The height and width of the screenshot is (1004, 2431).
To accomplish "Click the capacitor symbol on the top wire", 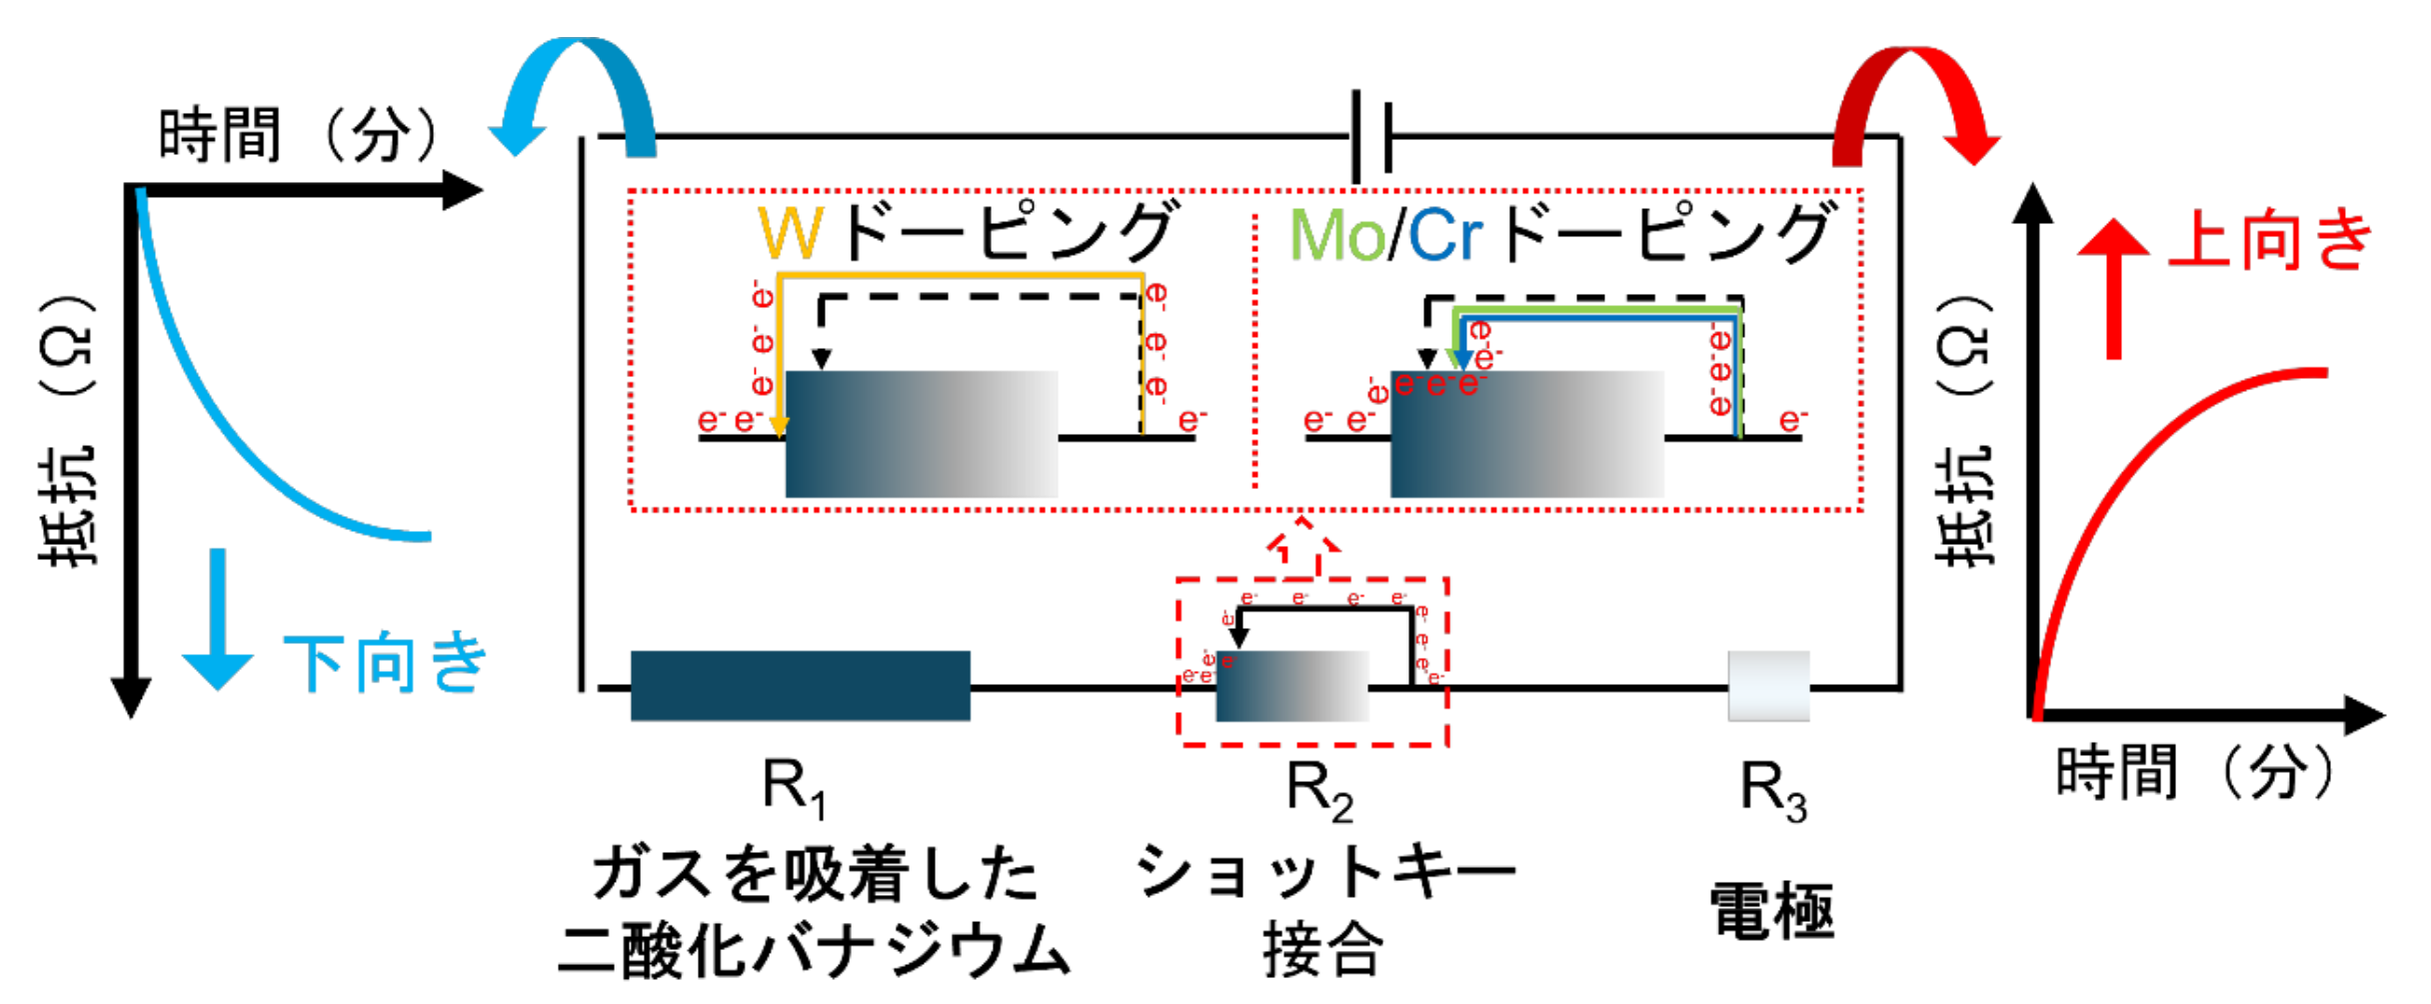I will click(1370, 137).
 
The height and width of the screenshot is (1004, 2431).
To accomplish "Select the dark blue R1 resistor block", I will click(800, 686).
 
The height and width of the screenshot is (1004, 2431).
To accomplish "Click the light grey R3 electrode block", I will click(1768, 686).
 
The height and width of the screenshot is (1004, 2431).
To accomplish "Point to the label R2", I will click(1318, 790).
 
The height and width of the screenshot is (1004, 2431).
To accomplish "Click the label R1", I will click(794, 788).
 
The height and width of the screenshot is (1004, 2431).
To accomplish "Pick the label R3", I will click(1772, 790).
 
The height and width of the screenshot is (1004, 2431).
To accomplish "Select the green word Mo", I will click(1335, 236).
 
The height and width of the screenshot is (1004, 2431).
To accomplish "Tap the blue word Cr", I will click(1444, 236).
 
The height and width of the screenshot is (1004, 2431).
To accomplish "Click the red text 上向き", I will click(2269, 240).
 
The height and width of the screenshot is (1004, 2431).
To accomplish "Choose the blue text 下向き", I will click(386, 662).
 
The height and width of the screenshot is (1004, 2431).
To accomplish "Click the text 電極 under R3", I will click(1771, 911).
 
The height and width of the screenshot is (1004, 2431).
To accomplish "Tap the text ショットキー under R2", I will click(1325, 871).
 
